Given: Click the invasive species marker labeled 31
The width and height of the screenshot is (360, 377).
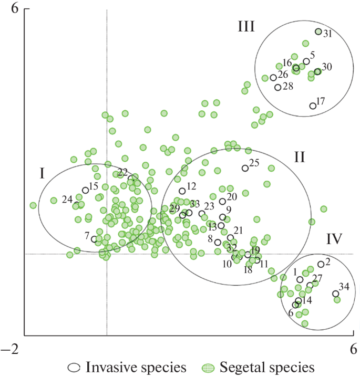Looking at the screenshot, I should (318, 32).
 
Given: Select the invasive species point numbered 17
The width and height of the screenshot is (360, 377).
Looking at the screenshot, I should (313, 106).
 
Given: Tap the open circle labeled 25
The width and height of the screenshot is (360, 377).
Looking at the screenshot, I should (245, 168).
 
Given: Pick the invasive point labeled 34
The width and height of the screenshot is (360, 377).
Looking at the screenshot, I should (335, 294).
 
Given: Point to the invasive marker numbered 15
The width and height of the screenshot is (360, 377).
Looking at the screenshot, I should (85, 190).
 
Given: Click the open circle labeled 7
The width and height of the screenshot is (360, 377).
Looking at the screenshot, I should (94, 239).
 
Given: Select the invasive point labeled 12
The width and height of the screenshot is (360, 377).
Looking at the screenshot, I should (182, 191).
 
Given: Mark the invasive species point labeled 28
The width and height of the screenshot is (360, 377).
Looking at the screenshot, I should (277, 87).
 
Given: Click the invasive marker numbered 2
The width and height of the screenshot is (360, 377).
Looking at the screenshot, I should (321, 265).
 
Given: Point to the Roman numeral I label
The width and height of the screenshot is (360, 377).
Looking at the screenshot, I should (42, 173).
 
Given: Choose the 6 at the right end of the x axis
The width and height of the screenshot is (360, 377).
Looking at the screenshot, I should (354, 349).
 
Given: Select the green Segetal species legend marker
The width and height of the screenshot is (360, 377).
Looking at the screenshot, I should (209, 366).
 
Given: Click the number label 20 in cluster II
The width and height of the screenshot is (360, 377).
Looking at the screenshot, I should (232, 196).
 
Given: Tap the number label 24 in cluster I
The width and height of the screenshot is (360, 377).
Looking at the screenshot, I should (67, 199).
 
